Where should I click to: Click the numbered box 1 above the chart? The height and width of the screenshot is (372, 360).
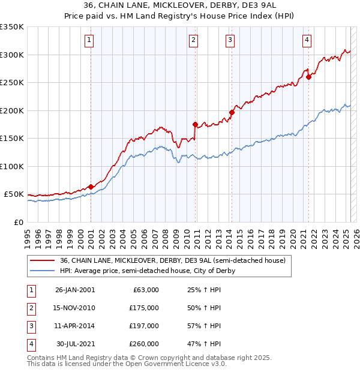[x=89, y=40]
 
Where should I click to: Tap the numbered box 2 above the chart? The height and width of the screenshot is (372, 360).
[x=194, y=40]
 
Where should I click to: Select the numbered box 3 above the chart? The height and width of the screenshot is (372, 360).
[x=230, y=40]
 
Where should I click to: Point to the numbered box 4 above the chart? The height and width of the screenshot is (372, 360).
[x=307, y=40]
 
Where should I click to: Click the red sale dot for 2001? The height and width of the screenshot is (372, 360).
[x=91, y=187]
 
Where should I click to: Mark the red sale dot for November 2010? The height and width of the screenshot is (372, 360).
[x=195, y=125]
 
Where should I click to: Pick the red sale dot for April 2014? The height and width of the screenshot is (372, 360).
[x=232, y=112]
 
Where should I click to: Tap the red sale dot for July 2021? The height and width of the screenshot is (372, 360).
[x=308, y=77]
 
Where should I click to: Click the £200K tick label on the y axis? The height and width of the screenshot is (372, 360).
[x=12, y=110]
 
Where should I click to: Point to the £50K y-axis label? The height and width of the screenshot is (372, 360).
[x=14, y=194]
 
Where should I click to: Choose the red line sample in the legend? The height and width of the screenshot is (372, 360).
[x=41, y=260]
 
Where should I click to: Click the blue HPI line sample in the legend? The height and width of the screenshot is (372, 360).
[x=41, y=271]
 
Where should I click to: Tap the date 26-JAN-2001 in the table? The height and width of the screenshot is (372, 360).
[x=75, y=290]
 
